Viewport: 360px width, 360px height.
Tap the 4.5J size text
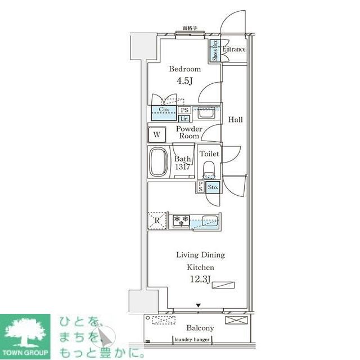click(x=184, y=80)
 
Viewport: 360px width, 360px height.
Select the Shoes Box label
click(x=215, y=51)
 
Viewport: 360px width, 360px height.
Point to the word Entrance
click(x=234, y=49)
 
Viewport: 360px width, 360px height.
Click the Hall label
click(x=235, y=119)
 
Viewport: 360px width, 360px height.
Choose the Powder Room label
click(x=188, y=132)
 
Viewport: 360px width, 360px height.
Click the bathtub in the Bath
click(x=160, y=163)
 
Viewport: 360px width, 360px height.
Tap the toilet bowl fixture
click(x=209, y=170)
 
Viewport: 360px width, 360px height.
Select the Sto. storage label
click(x=213, y=187)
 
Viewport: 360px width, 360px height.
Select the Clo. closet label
click(x=164, y=110)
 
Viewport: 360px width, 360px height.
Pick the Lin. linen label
click(x=184, y=119)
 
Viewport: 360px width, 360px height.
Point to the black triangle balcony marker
click(x=197, y=305)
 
